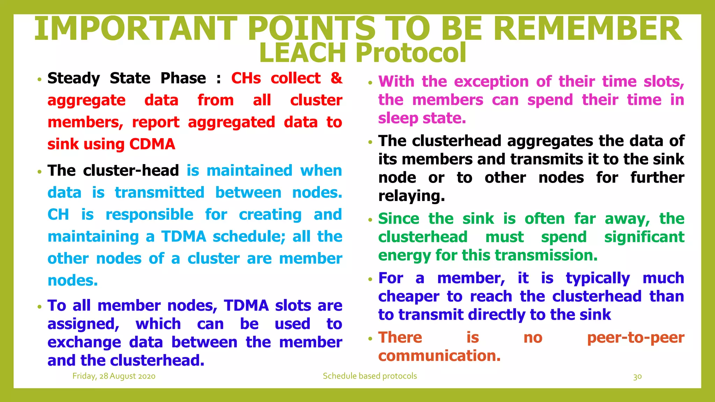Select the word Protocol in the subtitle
click(x=411, y=53)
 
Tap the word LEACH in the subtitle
click(x=302, y=53)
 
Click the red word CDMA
click(x=152, y=144)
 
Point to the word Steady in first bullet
click(x=74, y=78)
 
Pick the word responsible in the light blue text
click(x=149, y=215)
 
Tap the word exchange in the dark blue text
click(x=84, y=342)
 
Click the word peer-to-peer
click(x=635, y=337)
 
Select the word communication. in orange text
click(x=439, y=356)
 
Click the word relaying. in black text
click(x=411, y=196)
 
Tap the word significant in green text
click(x=644, y=237)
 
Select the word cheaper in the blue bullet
click(x=408, y=297)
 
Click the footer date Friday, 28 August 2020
click(x=114, y=376)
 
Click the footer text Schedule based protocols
click(x=370, y=376)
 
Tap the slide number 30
click(x=637, y=377)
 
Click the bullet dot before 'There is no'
click(x=370, y=339)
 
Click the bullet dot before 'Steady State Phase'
click(x=39, y=80)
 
